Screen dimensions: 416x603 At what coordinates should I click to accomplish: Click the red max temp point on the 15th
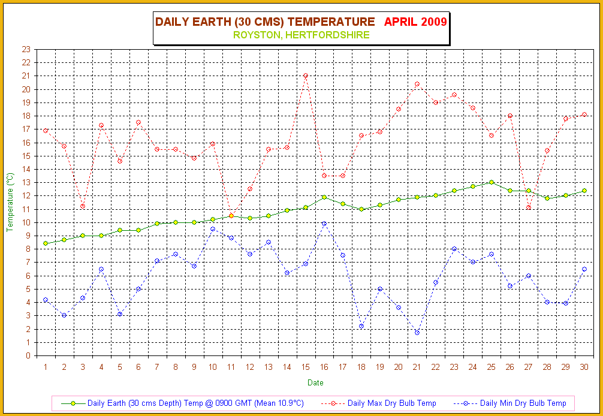coord(306,76)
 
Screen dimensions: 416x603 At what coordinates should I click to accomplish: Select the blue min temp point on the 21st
coord(417,333)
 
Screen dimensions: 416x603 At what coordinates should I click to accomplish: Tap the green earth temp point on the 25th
coord(492,182)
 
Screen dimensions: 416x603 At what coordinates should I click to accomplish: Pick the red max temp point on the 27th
coord(529,207)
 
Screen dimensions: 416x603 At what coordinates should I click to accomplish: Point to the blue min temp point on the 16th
coord(324,224)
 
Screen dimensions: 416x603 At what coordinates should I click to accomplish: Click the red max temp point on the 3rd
coord(83,206)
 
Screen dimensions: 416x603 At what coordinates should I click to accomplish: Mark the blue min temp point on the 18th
coord(361,326)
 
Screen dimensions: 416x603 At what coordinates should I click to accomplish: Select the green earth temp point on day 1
coord(46,243)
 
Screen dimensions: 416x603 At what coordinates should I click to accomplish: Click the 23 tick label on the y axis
coord(26,49)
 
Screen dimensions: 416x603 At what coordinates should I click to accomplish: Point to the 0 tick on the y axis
coord(28,355)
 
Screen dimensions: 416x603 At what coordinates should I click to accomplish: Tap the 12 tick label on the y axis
coord(26,195)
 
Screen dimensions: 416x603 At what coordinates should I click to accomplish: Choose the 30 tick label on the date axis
coord(584,367)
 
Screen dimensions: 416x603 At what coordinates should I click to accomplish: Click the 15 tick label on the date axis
coord(306,367)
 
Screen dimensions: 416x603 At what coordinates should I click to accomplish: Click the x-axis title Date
coord(315,382)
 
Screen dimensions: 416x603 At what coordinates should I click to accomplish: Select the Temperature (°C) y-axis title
coord(10,203)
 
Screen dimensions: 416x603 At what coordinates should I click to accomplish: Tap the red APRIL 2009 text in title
coord(415,22)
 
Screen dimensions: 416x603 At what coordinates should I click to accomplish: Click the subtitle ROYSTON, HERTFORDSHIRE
coord(301,35)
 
